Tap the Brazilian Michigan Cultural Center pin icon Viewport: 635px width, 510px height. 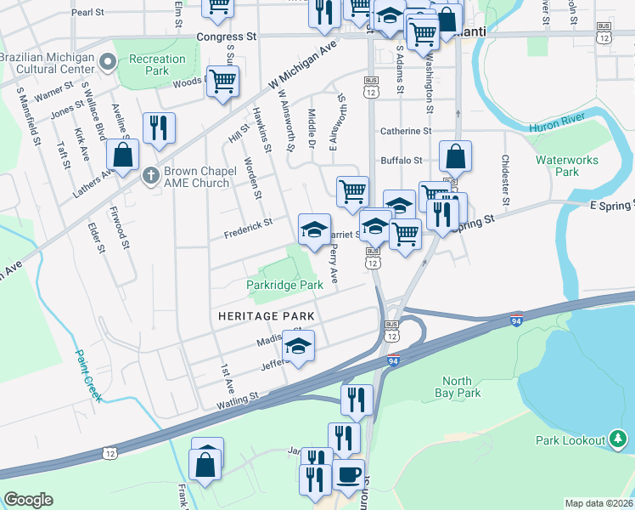pos(107,61)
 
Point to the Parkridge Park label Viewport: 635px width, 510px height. pos(284,285)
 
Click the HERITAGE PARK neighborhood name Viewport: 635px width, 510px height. pos(266,315)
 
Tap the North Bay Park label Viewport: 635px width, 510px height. pos(461,387)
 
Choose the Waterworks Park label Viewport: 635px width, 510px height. pos(566,165)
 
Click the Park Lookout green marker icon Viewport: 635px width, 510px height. pos(619,439)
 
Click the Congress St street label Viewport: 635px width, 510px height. pos(226,37)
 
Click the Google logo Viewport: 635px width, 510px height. pos(28,499)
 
